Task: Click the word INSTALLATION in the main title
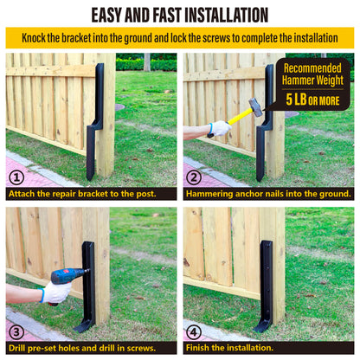pyautogui.click(x=226, y=15)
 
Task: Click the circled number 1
pyautogui.click(x=16, y=177)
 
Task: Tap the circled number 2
pyautogui.click(x=194, y=177)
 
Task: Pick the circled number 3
pyautogui.click(x=16, y=332)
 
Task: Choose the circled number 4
pyautogui.click(x=194, y=332)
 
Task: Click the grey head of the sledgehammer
pyautogui.click(x=255, y=106)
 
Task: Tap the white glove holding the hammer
pyautogui.click(x=220, y=129)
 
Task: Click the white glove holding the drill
pyautogui.click(x=55, y=292)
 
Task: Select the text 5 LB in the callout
pyautogui.click(x=296, y=100)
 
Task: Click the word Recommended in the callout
pyautogui.click(x=312, y=68)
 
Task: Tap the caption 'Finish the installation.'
pyautogui.click(x=229, y=348)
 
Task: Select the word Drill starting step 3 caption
pyautogui.click(x=16, y=348)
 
